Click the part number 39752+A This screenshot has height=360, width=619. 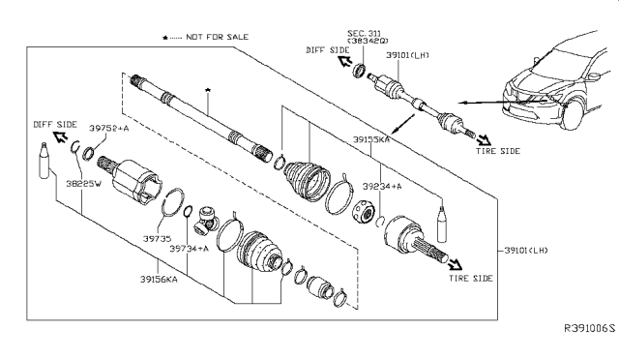109,128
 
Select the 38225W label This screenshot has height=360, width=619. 84,184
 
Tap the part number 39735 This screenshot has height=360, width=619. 157,238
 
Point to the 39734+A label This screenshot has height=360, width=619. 190,249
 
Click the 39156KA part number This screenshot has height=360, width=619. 159,280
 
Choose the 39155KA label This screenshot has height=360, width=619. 371,139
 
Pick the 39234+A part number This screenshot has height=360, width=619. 382,186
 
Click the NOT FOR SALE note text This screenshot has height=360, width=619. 217,37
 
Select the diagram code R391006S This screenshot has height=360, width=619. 589,328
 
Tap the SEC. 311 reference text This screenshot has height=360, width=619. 364,33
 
